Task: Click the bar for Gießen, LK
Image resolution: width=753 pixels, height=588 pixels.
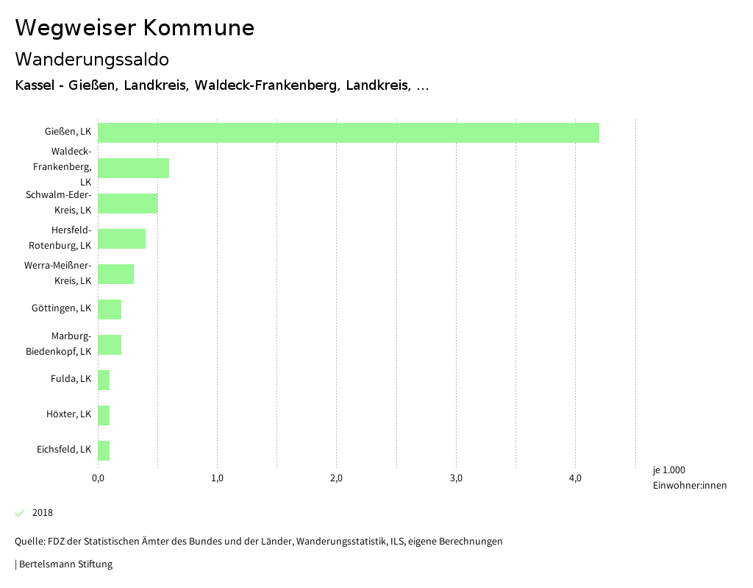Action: pos(349,132)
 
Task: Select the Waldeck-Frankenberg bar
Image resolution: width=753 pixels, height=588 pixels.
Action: pos(133,168)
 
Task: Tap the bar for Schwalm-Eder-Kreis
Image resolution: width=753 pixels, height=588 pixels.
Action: pos(127,203)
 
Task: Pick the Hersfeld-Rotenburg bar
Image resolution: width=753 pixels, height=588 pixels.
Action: pos(121,238)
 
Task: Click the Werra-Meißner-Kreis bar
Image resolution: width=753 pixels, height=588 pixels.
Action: pos(115,274)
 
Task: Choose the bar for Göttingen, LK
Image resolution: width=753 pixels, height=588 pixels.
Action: pos(110,309)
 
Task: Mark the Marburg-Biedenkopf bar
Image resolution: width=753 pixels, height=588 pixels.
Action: pos(110,344)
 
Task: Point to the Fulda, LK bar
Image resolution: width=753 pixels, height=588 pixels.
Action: pos(104,380)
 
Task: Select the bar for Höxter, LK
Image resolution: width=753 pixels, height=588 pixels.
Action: pos(104,415)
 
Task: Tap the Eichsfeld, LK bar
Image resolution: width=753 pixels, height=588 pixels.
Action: pos(104,450)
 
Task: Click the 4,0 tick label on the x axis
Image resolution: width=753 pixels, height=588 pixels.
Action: pos(576,478)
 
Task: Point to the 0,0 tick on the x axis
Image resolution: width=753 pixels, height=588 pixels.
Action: pos(98,478)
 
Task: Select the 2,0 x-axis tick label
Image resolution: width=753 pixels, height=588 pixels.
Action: pos(337,478)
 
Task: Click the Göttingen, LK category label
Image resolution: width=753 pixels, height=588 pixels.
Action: pos(62,308)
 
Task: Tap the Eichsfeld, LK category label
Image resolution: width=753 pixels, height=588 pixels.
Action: pos(64,450)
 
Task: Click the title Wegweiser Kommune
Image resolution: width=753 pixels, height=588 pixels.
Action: pos(135,28)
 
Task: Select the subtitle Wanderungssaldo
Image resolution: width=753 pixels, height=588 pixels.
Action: pos(92,59)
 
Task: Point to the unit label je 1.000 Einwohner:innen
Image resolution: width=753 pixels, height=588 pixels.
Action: pos(689,478)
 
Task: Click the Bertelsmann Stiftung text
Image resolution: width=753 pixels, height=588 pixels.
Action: pos(65,564)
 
